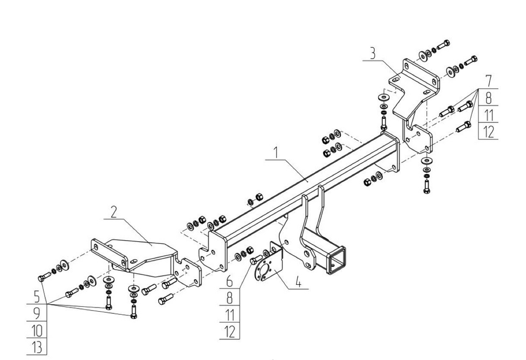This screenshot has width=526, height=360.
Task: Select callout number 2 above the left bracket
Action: pos(114,212)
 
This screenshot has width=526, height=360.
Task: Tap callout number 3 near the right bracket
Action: pos(372,54)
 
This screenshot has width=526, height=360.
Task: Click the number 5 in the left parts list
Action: pos(37,296)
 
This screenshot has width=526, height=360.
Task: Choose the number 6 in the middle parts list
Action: pos(229,281)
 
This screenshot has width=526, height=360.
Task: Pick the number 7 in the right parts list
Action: pos(489,81)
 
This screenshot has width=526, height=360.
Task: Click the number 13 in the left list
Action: pos(37,347)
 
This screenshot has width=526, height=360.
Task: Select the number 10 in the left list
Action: pos(37,331)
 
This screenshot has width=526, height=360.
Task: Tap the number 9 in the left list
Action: pos(37,313)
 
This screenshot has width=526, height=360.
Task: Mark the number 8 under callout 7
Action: pos(489,98)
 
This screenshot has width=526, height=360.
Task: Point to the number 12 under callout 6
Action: pos(230,332)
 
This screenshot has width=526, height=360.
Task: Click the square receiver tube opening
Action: pos(337,258)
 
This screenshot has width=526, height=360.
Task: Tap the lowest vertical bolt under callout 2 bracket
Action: pos(133,311)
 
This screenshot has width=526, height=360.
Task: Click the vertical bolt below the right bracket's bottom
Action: pos(427,187)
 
